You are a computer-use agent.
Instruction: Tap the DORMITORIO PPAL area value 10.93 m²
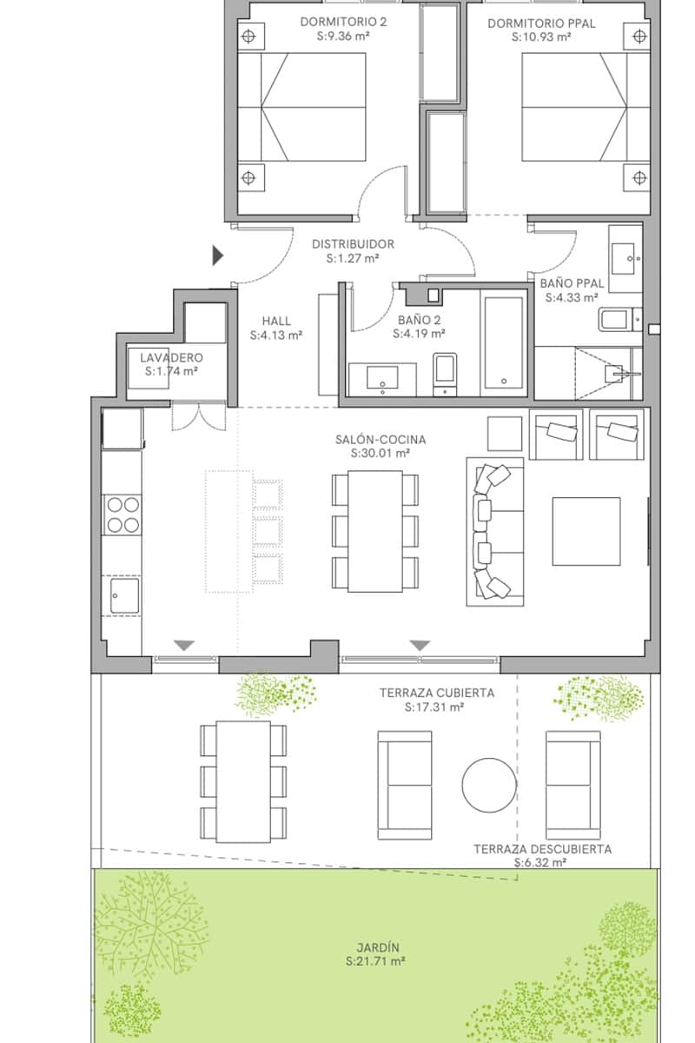click(541, 37)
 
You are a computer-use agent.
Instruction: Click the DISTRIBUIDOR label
click(353, 244)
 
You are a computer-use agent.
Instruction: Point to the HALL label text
click(276, 320)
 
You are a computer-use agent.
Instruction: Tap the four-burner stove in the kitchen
click(122, 513)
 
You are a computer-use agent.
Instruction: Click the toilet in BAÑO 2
click(446, 373)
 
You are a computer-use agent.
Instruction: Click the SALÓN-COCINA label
click(381, 440)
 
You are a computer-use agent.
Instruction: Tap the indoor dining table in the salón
click(375, 529)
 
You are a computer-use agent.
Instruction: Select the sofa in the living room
click(495, 531)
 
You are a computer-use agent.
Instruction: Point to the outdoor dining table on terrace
click(243, 781)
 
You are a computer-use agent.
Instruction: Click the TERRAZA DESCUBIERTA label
click(542, 849)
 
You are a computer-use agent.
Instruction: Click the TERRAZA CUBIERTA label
click(436, 693)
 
